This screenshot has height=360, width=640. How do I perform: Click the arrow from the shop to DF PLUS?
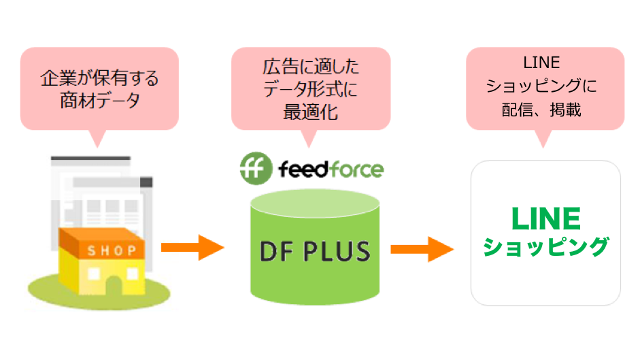(192, 247)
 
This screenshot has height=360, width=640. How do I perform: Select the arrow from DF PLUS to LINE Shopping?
(422, 249)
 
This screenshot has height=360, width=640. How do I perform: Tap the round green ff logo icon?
(256, 168)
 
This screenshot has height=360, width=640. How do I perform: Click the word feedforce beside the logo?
(331, 169)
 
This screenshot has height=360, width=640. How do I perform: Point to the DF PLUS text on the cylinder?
(315, 251)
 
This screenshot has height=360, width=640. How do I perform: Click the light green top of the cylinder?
(315, 203)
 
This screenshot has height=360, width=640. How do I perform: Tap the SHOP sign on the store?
(112, 250)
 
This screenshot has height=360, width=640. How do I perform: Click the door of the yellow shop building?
(114, 286)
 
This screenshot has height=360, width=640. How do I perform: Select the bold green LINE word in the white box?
(545, 218)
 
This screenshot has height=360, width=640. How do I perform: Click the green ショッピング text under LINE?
(545, 247)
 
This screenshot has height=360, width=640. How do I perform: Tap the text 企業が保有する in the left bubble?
(99, 78)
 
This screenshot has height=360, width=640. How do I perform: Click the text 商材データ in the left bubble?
(99, 101)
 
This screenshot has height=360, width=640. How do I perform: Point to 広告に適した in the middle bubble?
(311, 67)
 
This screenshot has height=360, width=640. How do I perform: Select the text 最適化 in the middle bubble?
(311, 112)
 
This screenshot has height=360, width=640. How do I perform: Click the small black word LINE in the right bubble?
(541, 63)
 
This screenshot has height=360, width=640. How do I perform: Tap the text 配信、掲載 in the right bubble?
(541, 110)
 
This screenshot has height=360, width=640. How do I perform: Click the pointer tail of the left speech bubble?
(97, 139)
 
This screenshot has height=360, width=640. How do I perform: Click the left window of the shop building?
(94, 274)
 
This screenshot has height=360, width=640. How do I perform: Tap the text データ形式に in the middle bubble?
(311, 89)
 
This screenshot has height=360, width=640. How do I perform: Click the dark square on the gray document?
(146, 182)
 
